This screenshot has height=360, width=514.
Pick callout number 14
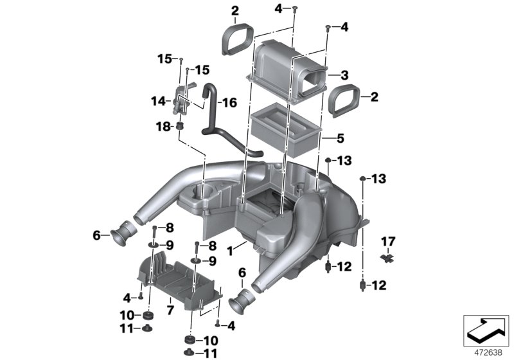point(157,100)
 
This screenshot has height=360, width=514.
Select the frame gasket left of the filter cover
point(235,37)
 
